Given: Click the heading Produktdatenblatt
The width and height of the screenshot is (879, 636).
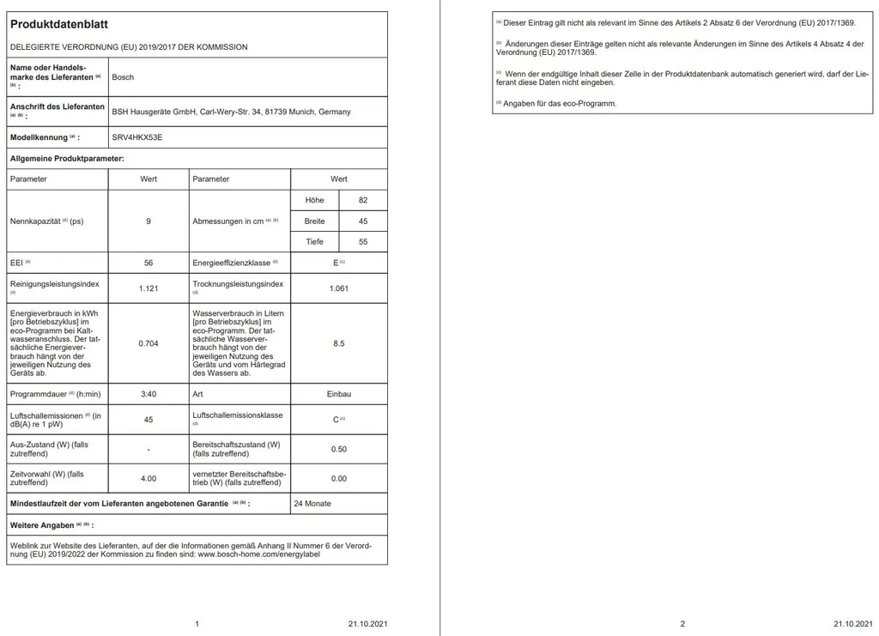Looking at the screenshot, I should point(58,25).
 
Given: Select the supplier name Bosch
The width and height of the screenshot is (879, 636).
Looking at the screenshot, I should point(123,77).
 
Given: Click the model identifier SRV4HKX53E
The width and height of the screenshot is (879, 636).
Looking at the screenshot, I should point(136,137).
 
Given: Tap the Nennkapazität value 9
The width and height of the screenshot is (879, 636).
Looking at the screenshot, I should point(149,221).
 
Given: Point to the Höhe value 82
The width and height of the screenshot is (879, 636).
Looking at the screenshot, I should point(363,200).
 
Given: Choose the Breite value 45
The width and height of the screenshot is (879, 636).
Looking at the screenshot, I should point(363,221).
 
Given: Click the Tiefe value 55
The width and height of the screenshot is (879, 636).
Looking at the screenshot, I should point(363,242).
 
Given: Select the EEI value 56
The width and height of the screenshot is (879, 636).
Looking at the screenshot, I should point(149,263).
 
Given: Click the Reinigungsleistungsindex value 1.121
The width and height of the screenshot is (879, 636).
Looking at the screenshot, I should point(149,288).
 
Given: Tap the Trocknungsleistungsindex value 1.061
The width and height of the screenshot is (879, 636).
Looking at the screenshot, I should point(339,288).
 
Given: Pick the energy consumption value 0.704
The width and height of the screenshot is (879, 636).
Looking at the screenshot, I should point(149,343).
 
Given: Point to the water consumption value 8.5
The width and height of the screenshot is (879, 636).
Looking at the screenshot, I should point(339,343).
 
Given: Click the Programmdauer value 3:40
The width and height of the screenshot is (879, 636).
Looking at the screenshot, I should point(149,394).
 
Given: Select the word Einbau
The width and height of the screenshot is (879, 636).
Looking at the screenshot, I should point(339,394).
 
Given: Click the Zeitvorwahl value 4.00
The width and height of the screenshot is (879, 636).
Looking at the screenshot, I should point(149,478).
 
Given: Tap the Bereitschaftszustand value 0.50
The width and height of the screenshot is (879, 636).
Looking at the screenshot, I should point(339,449).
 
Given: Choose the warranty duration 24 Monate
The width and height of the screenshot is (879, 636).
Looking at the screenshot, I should point(312,503).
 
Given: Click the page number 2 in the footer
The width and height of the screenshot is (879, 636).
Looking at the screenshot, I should point(682,624).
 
